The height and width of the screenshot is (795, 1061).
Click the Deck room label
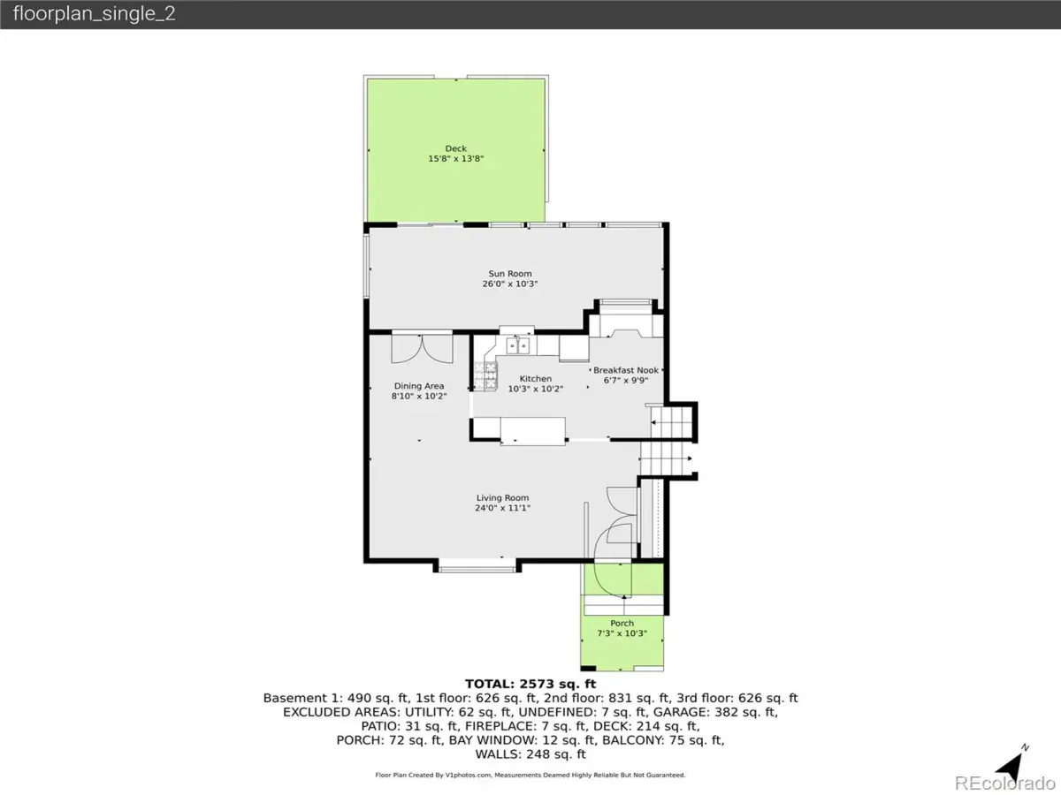pos(456,148)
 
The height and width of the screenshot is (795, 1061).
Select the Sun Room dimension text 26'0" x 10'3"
pos(510,284)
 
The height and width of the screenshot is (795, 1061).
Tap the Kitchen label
pos(535,379)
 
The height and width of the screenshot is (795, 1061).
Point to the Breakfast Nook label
pos(626,370)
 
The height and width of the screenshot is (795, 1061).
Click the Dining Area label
pos(419,386)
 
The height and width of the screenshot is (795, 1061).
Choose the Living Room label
pos(503,497)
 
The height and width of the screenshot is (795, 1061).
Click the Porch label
pos(622,623)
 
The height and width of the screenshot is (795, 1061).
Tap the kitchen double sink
pos(518,345)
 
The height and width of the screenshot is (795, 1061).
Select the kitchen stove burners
pos(485,375)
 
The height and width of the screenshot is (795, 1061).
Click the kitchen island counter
pos(532,430)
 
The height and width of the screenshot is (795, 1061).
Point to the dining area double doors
pos(422,347)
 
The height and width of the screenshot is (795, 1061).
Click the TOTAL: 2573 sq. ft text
pos(530,684)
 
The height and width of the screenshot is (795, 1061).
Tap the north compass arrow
pos(1011,766)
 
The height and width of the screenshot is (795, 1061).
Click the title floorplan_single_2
pos(95,13)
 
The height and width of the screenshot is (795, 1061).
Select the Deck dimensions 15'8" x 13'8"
pos(456,159)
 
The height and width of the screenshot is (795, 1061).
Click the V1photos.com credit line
pos(530,776)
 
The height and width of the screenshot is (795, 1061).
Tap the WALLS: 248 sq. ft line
pos(530,754)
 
